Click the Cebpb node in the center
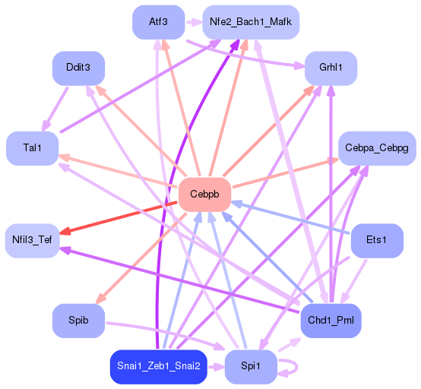pyautogui.click(x=204, y=195)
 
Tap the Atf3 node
pyautogui.click(x=158, y=21)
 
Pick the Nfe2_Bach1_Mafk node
pyautogui.click(x=250, y=21)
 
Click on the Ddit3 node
pyautogui.click(x=78, y=68)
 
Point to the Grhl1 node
pyautogui.click(x=331, y=68)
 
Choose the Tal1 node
pyautogui.click(x=33, y=148)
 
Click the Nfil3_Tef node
pyautogui.click(x=32, y=240)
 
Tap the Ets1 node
pyautogui.click(x=376, y=240)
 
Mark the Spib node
pyautogui.click(x=78, y=321)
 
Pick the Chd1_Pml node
pyautogui.click(x=331, y=321)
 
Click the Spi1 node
pyautogui.click(x=250, y=367)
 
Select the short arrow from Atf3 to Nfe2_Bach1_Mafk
pyautogui.click(x=193, y=21)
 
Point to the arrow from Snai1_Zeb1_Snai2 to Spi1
pyautogui.click(x=216, y=367)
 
